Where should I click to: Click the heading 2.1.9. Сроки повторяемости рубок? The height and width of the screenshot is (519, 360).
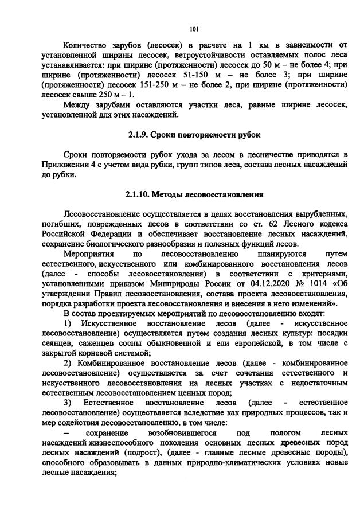coord(194,135)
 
